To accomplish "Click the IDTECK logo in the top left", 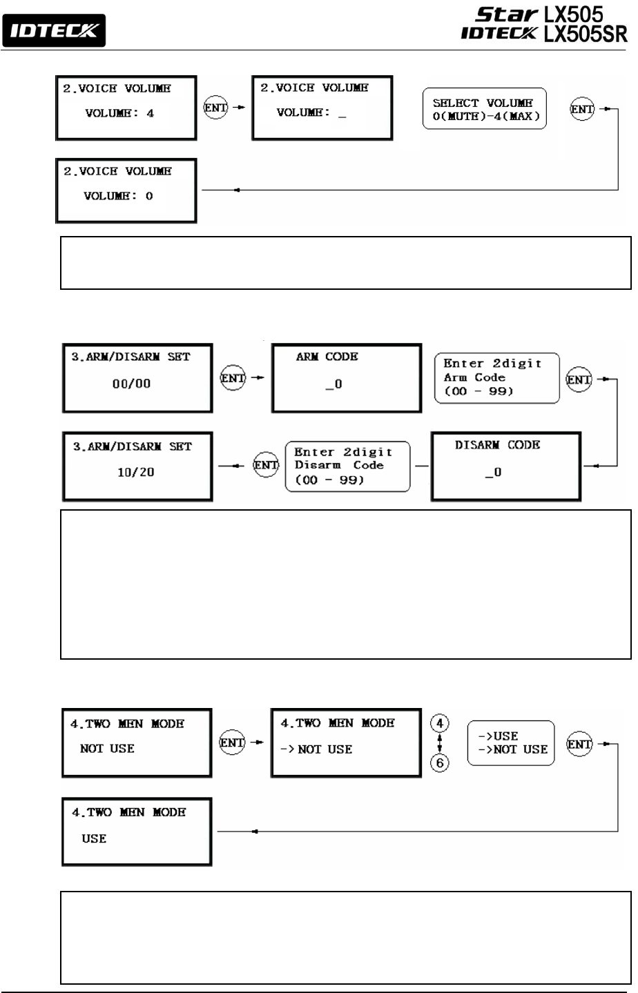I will pyautogui.click(x=54, y=31).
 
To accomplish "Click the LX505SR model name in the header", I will pyautogui.click(x=585, y=35).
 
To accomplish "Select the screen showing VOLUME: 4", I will pyautogui.click(x=126, y=108).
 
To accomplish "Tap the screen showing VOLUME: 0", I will pyautogui.click(x=126, y=191).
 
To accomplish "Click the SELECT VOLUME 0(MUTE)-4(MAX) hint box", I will pyautogui.click(x=484, y=109).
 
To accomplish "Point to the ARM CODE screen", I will pyautogui.click(x=346, y=378).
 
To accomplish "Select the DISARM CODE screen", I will pyautogui.click(x=506, y=466).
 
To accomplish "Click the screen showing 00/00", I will pyautogui.click(x=137, y=378).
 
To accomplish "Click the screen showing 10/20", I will pyautogui.click(x=137, y=466).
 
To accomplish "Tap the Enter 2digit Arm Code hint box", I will pyautogui.click(x=496, y=377).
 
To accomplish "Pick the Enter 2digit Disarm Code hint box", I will pyautogui.click(x=347, y=466).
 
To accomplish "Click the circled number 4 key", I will pyautogui.click(x=439, y=723).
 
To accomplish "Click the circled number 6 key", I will pyautogui.click(x=439, y=763).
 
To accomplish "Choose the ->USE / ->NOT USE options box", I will pyautogui.click(x=511, y=743).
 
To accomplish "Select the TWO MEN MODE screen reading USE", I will pyautogui.click(x=137, y=832).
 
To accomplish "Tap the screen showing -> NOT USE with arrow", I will pyautogui.click(x=346, y=743).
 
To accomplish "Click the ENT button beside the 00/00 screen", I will pyautogui.click(x=233, y=378).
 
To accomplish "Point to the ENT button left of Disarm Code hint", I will pyautogui.click(x=266, y=465).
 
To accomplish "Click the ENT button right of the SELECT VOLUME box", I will pyautogui.click(x=582, y=109).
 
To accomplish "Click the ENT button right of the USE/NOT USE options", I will pyautogui.click(x=579, y=744).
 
